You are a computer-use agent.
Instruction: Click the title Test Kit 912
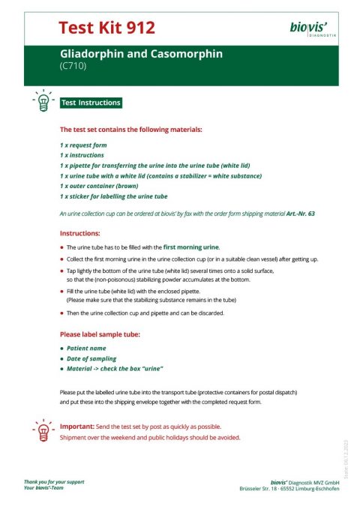click(x=106, y=28)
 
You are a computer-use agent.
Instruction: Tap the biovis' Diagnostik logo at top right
click(x=313, y=29)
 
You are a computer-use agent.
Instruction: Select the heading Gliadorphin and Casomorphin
click(x=142, y=55)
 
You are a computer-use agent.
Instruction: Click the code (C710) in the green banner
click(x=73, y=66)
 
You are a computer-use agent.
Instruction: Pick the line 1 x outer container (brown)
click(x=103, y=186)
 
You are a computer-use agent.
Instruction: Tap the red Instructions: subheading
click(x=80, y=234)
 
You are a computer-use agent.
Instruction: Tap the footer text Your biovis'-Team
click(x=49, y=488)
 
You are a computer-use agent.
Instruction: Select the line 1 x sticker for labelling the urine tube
click(x=113, y=196)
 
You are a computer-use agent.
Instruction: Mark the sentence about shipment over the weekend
click(x=150, y=437)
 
